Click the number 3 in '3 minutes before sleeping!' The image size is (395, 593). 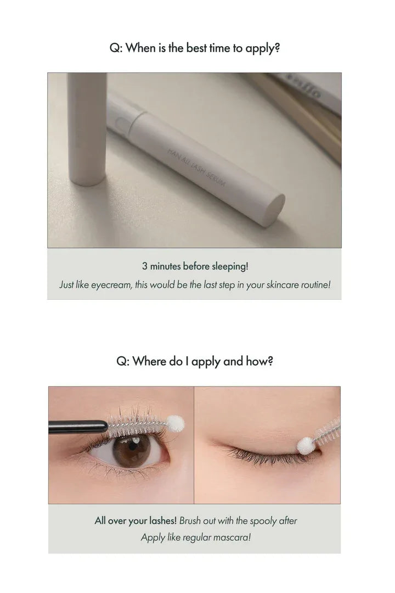[x=145, y=267]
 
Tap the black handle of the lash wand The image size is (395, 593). [x=77, y=426]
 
